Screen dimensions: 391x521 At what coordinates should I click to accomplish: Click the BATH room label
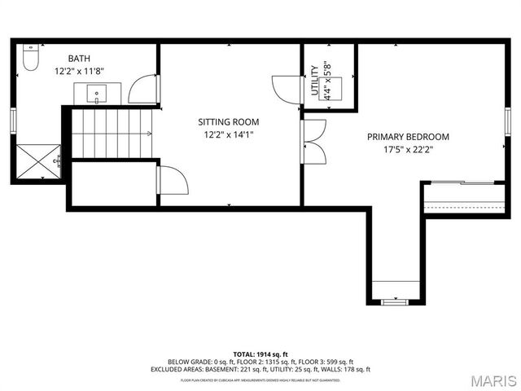[79, 58]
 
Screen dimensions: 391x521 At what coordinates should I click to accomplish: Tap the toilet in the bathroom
[30, 59]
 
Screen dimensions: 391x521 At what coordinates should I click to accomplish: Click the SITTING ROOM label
[229, 121]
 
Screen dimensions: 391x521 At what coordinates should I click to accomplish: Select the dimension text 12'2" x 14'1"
[229, 135]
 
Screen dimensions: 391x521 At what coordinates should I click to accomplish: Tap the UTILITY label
[315, 81]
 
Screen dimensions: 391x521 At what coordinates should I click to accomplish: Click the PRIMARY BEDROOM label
[408, 137]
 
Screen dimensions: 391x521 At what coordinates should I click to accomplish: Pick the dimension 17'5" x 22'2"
[408, 150]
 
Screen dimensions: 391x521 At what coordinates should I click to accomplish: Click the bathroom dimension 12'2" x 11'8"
[79, 71]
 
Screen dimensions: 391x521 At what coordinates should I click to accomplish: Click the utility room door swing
[285, 88]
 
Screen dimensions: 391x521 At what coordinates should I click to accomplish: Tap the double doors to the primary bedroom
[314, 143]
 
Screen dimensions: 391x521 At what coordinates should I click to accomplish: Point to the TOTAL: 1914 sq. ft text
[260, 354]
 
